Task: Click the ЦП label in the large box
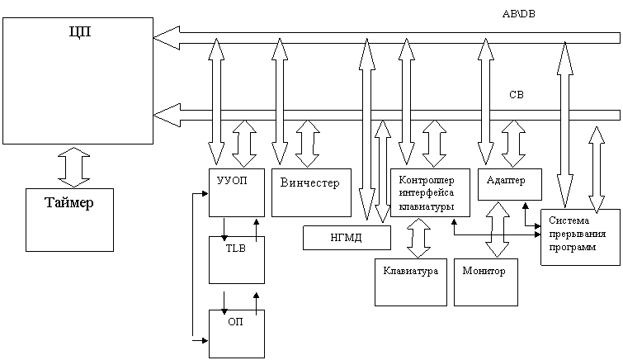coord(80,31)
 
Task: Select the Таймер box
coord(69,220)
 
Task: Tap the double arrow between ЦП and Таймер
coord(74,167)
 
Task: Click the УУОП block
coord(237,193)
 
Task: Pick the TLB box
coord(237,260)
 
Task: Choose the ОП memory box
coord(237,334)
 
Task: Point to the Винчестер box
coord(311,193)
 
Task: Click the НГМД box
coord(347,238)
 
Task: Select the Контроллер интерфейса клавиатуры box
coord(430,193)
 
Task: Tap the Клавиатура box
coord(411,282)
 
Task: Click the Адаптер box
coord(510,184)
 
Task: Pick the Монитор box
coord(486,282)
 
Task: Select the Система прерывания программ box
coord(580,237)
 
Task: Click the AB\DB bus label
coord(518,14)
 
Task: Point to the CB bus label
coord(517,95)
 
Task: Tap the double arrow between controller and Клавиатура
coord(419,238)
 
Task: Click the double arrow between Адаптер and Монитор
coord(498,229)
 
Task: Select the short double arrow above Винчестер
coord(308,144)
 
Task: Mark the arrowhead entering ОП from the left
coord(205,340)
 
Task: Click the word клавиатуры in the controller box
coord(427,207)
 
